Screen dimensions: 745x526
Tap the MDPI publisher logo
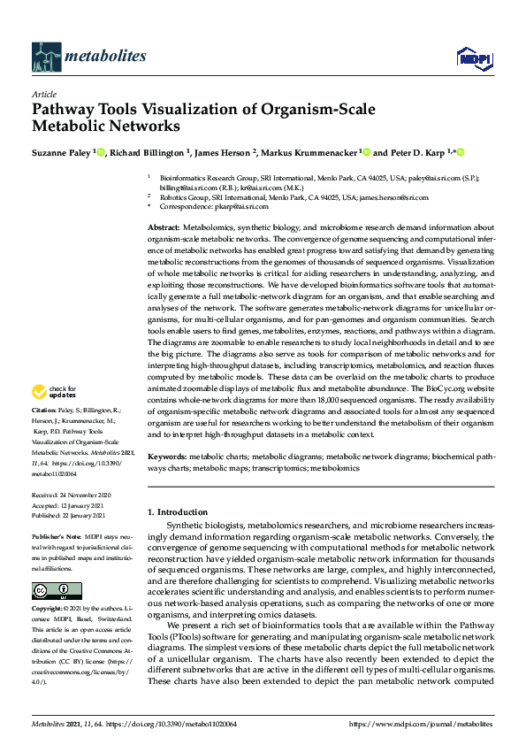coord(469,58)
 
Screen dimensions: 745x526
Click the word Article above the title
coord(43,94)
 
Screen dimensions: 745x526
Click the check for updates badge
coord(54,392)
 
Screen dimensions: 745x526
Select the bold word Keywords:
coord(168,457)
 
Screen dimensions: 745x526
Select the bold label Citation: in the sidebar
coord(44,411)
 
